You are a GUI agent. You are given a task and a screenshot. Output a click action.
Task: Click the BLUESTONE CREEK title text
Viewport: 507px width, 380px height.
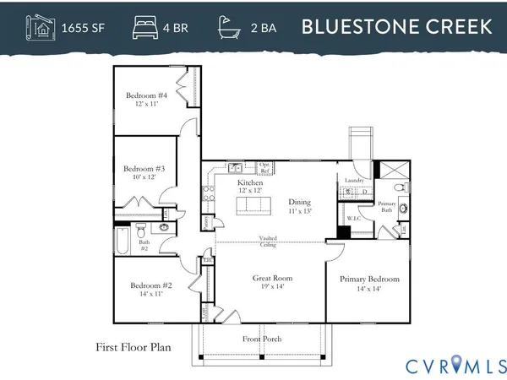click(x=397, y=26)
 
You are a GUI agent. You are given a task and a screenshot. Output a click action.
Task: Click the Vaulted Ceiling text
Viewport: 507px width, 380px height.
click(x=271, y=242)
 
